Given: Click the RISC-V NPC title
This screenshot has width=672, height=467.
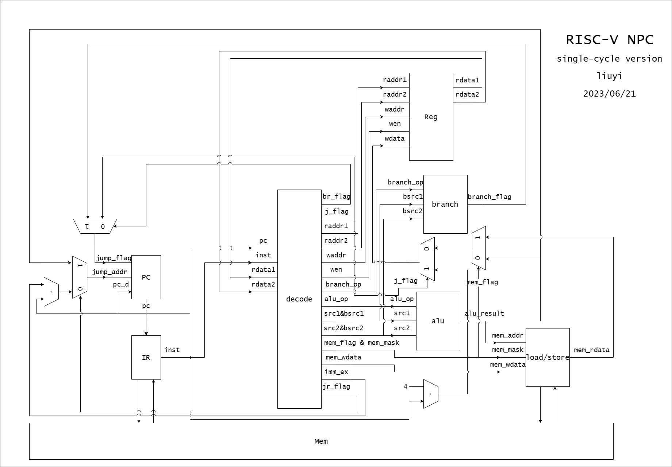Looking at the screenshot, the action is point(609,40).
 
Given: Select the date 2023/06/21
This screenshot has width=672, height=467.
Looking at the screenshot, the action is point(609,94).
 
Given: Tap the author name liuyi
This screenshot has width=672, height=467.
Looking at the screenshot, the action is point(609,76).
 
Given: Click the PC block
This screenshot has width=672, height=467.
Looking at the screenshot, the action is point(146,277).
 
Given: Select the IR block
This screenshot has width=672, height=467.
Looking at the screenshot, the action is point(146,357).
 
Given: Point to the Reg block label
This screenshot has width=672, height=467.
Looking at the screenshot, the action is point(431,117).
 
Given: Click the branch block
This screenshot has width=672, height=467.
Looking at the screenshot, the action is point(445,204).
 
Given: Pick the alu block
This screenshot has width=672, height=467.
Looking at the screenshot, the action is point(438,321).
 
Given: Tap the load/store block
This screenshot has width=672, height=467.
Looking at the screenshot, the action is point(548,357).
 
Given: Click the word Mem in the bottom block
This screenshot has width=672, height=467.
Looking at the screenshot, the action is point(321,441).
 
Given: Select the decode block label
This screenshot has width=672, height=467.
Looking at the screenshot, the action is point(299,299).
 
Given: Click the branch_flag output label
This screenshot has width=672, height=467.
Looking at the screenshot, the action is point(489,197).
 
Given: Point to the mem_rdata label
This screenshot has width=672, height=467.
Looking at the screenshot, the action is point(592,350).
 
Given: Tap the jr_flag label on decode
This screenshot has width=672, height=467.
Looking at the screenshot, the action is point(336,386).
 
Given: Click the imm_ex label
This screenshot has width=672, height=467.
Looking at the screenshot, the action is point(336,372).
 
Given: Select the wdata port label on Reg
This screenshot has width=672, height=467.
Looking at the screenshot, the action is point(395,139).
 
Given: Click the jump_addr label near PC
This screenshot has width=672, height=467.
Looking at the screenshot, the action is point(110,272).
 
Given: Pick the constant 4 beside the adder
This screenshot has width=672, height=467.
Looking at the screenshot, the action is point(406,386).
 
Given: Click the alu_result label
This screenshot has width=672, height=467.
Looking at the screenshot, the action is point(484,314).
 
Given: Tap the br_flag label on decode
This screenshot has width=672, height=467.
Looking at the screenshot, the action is point(336,197).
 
